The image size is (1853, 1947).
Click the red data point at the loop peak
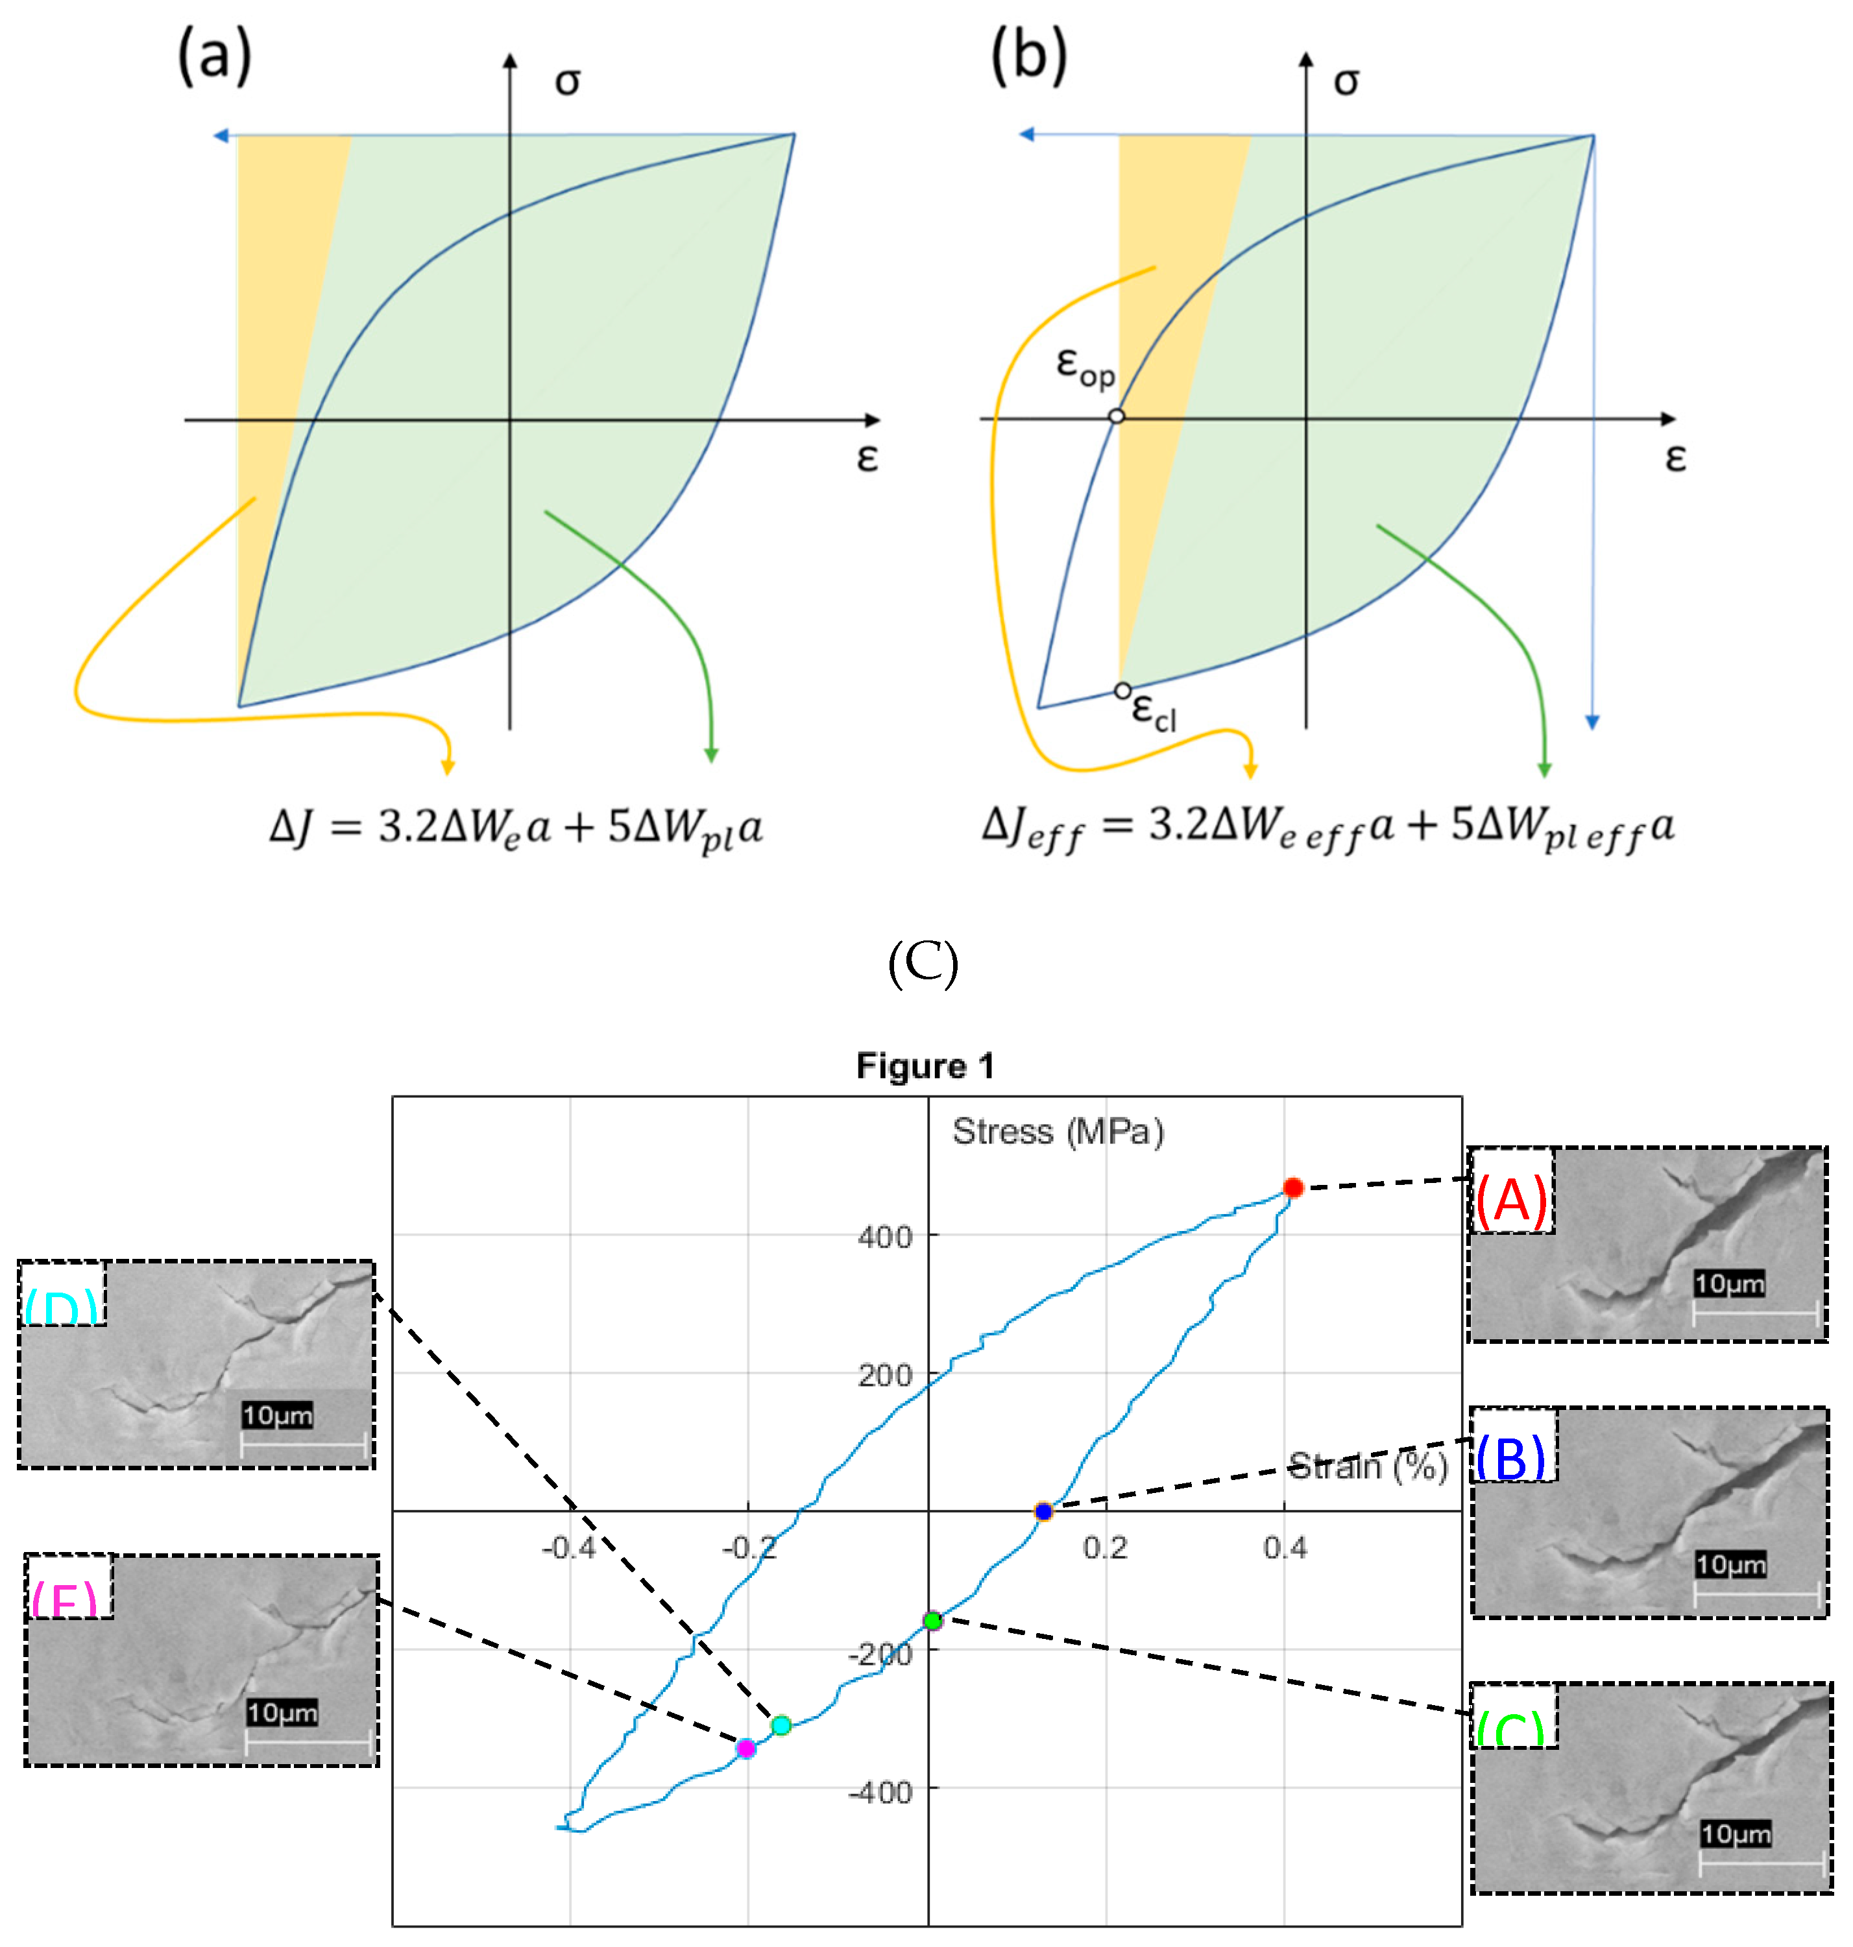point(1293,1188)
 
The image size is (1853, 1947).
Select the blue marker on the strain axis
point(1044,1512)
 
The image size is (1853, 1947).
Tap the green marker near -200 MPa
point(932,1620)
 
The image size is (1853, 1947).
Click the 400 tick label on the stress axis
point(885,1237)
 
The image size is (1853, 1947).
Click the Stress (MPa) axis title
point(1058,1132)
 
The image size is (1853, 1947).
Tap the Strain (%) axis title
point(1369,1467)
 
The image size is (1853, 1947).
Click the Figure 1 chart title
point(925,1066)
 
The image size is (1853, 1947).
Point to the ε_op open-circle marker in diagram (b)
point(1116,416)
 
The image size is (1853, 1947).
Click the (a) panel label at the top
point(214,56)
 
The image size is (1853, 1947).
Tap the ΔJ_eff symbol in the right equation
point(1032,828)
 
